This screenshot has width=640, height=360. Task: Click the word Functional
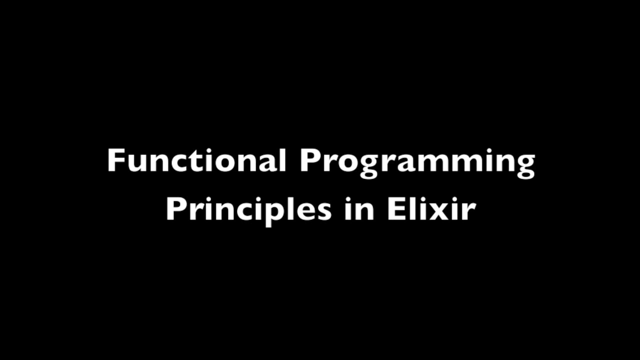pyautogui.click(x=196, y=161)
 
